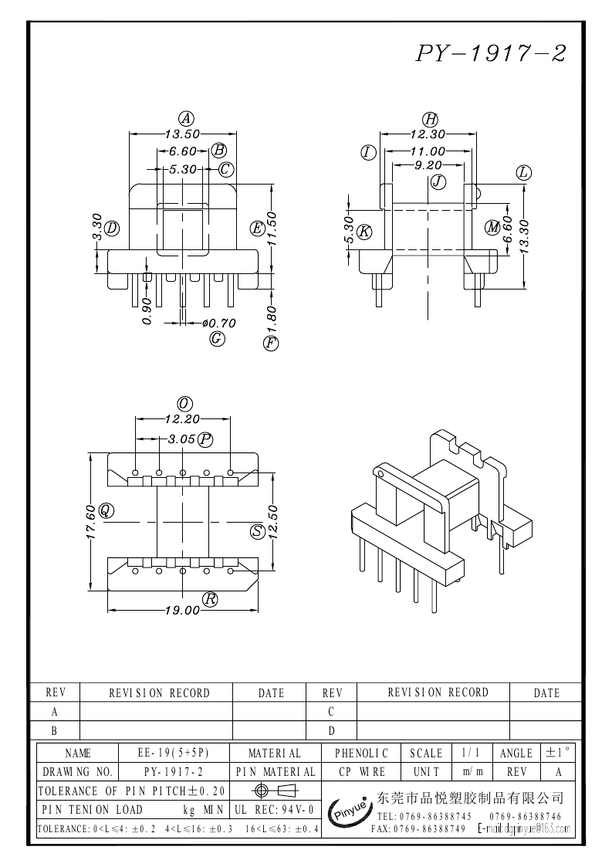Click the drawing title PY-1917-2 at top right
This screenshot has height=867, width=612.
tap(492, 53)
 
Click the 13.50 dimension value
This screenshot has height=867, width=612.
tap(182, 134)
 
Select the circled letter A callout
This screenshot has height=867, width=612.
tap(185, 118)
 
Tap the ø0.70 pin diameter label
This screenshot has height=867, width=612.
tap(218, 323)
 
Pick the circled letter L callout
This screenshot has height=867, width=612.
tap(524, 172)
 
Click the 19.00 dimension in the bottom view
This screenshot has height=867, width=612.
tap(183, 610)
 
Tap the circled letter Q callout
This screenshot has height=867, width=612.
tap(106, 510)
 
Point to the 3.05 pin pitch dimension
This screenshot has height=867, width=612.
tap(181, 439)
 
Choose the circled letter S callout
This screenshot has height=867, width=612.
tap(258, 531)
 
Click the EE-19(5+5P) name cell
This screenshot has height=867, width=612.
tap(173, 753)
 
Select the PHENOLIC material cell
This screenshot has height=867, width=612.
tap(362, 753)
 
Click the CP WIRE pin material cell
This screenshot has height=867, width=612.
tap(362, 771)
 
